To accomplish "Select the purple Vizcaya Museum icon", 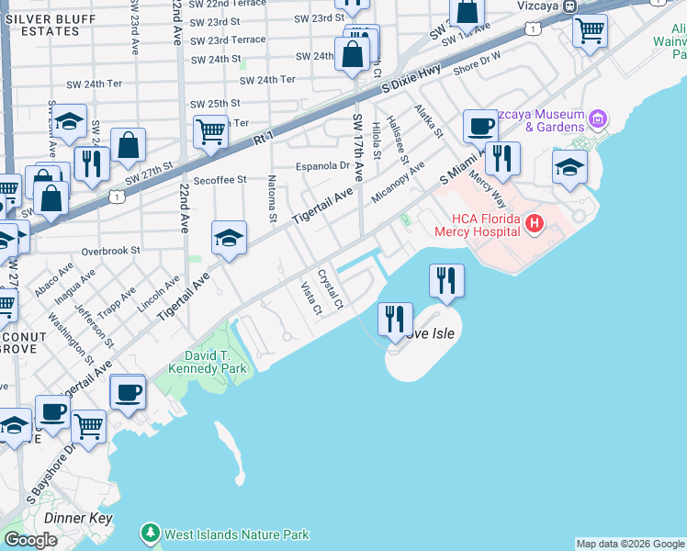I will click(x=599, y=118).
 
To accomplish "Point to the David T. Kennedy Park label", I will click(x=202, y=362).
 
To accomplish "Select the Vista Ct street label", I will click(x=311, y=298).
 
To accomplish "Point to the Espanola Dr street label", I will click(x=322, y=166).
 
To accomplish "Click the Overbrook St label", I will click(x=109, y=250).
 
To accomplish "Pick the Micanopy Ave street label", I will click(x=399, y=186).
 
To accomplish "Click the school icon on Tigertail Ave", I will click(x=229, y=239).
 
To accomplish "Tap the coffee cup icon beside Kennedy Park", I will click(x=127, y=392).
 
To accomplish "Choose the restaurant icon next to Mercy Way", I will click(x=502, y=158).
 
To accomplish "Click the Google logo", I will click(x=30, y=540).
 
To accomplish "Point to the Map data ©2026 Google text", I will click(x=630, y=544).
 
